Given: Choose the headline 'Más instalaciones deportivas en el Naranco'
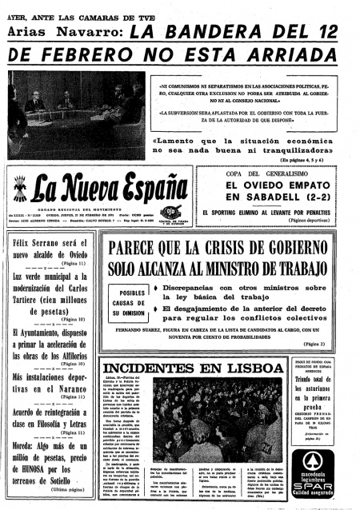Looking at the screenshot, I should [x=50, y=381].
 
